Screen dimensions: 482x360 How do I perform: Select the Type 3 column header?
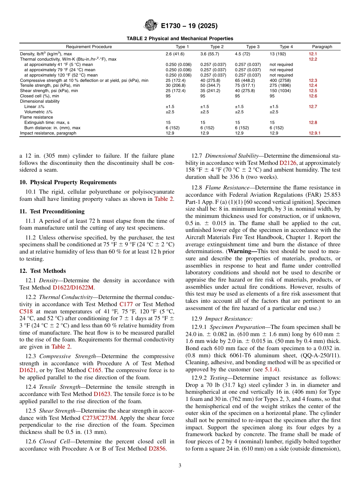pyautogui.click(x=253, y=47)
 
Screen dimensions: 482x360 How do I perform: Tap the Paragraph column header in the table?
pyautogui.click(x=322, y=47)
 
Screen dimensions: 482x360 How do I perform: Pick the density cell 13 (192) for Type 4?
pyautogui.click(x=277, y=54)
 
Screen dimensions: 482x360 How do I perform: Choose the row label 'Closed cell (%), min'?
pyautogui.click(x=39, y=96)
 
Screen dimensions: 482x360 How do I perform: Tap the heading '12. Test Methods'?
pyautogui.click(x=42, y=271)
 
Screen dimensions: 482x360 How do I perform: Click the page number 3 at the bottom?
pyautogui.click(x=180, y=466)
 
